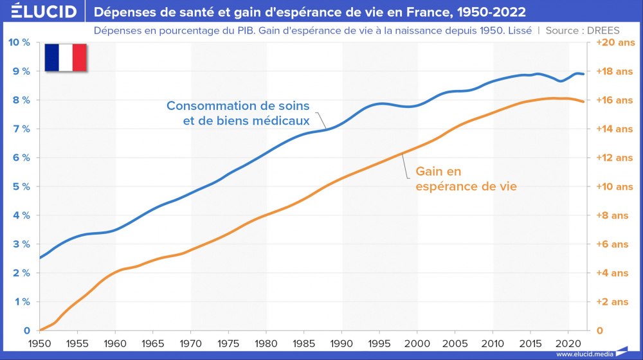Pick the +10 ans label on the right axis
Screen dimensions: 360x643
point(615,186)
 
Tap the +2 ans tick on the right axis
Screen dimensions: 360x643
point(612,301)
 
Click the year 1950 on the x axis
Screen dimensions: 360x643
point(40,343)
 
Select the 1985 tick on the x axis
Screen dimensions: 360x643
point(304,343)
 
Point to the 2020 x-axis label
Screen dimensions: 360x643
point(568,343)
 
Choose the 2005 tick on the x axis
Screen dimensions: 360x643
point(455,343)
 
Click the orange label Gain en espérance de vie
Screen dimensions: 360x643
point(466,179)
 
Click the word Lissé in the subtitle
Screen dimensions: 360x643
point(520,30)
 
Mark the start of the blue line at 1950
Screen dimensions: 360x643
point(40,258)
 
